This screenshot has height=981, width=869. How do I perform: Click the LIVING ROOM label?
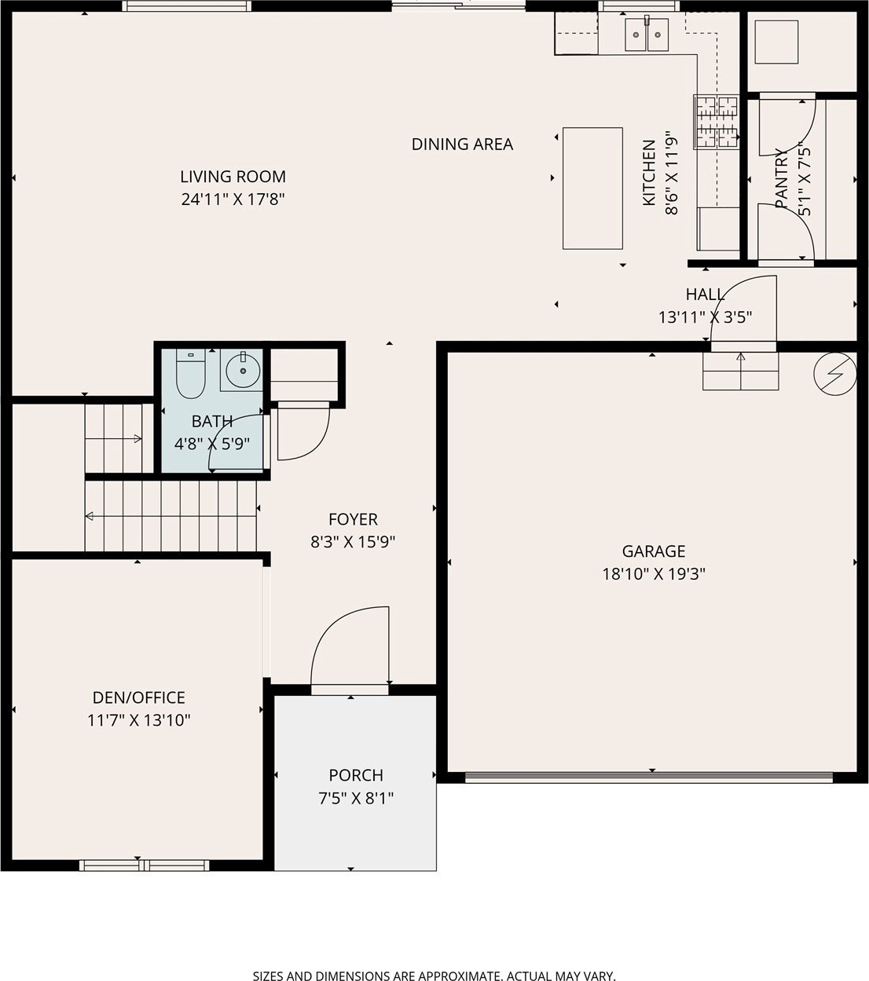[233, 177]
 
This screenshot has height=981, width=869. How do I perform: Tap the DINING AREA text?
[462, 145]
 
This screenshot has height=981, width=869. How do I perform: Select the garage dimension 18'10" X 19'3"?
[654, 574]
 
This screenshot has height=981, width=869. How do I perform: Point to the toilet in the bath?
[191, 374]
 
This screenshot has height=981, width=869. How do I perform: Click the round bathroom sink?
[243, 371]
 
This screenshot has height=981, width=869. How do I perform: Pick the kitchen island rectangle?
[592, 189]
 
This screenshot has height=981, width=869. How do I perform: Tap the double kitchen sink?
[647, 35]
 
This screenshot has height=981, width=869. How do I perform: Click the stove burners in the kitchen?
[717, 122]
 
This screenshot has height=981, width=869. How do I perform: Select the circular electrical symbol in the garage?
[835, 374]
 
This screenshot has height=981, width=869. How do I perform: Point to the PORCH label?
[356, 775]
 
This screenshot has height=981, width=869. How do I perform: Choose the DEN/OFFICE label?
[139, 697]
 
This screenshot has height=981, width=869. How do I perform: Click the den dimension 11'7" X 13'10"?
[139, 720]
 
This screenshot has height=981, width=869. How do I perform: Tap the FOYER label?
[353, 519]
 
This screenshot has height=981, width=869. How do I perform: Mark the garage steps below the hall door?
[741, 371]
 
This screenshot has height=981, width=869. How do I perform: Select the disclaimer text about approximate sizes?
[434, 976]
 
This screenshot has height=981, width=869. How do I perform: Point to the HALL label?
[705, 295]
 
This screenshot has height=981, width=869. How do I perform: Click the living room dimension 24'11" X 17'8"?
[233, 199]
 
